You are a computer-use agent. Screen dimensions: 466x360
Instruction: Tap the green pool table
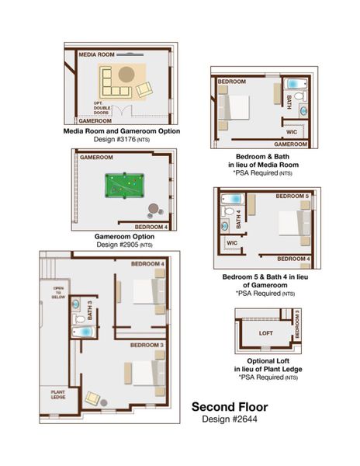[x=123, y=186]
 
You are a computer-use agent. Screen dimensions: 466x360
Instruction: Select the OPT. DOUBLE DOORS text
[x=104, y=106]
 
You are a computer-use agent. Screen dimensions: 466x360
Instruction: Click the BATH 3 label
[x=90, y=311]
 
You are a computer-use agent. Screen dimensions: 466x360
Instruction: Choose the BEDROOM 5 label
[x=296, y=196]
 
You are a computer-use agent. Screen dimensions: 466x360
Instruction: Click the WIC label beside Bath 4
[x=232, y=242]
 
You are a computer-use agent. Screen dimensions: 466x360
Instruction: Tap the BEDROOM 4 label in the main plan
[x=147, y=264]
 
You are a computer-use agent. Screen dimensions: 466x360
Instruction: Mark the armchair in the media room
[x=144, y=90]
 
